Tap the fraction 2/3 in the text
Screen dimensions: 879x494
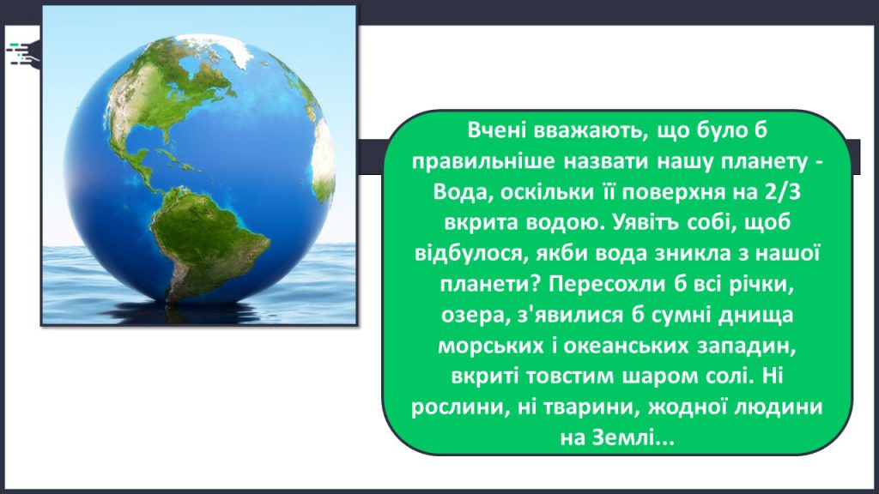click(x=782, y=191)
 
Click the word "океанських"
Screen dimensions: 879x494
click(x=626, y=346)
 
